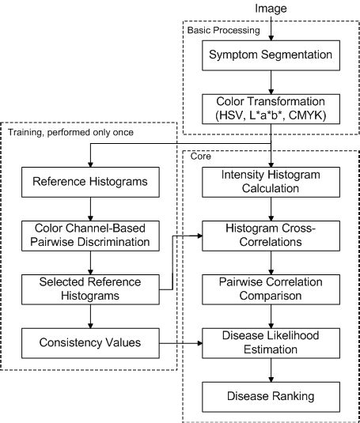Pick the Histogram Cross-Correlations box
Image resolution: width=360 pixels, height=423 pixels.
click(x=271, y=234)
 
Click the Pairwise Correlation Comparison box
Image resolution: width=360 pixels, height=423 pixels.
click(x=271, y=287)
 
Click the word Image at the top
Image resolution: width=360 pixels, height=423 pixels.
click(x=271, y=7)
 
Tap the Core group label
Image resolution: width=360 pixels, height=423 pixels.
click(x=200, y=157)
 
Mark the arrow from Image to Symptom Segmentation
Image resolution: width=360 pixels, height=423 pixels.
click(x=271, y=28)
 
